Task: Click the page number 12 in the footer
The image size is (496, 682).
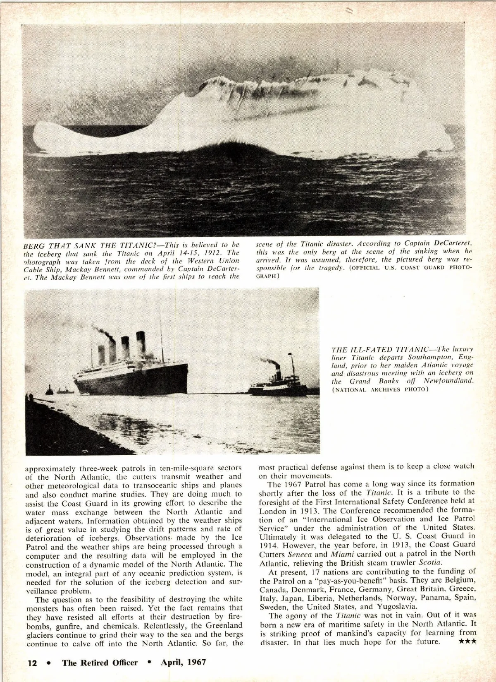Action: click(x=32, y=662)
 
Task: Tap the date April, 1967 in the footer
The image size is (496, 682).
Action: click(x=183, y=662)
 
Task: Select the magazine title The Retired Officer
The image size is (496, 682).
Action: click(x=100, y=662)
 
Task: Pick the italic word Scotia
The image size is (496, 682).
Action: click(x=430, y=562)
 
